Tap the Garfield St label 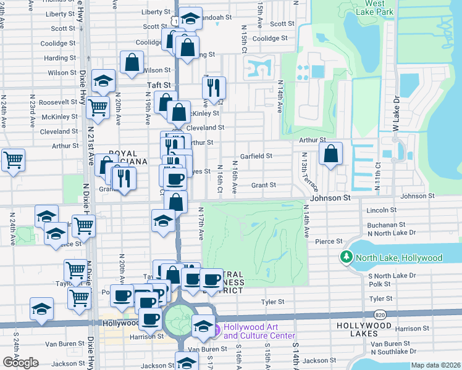(256, 156)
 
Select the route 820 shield (380, 314)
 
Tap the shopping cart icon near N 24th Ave (13, 160)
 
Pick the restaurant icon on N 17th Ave (214, 88)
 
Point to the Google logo (20, 363)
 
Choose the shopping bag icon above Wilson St (132, 62)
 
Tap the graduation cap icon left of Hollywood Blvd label (41, 309)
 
